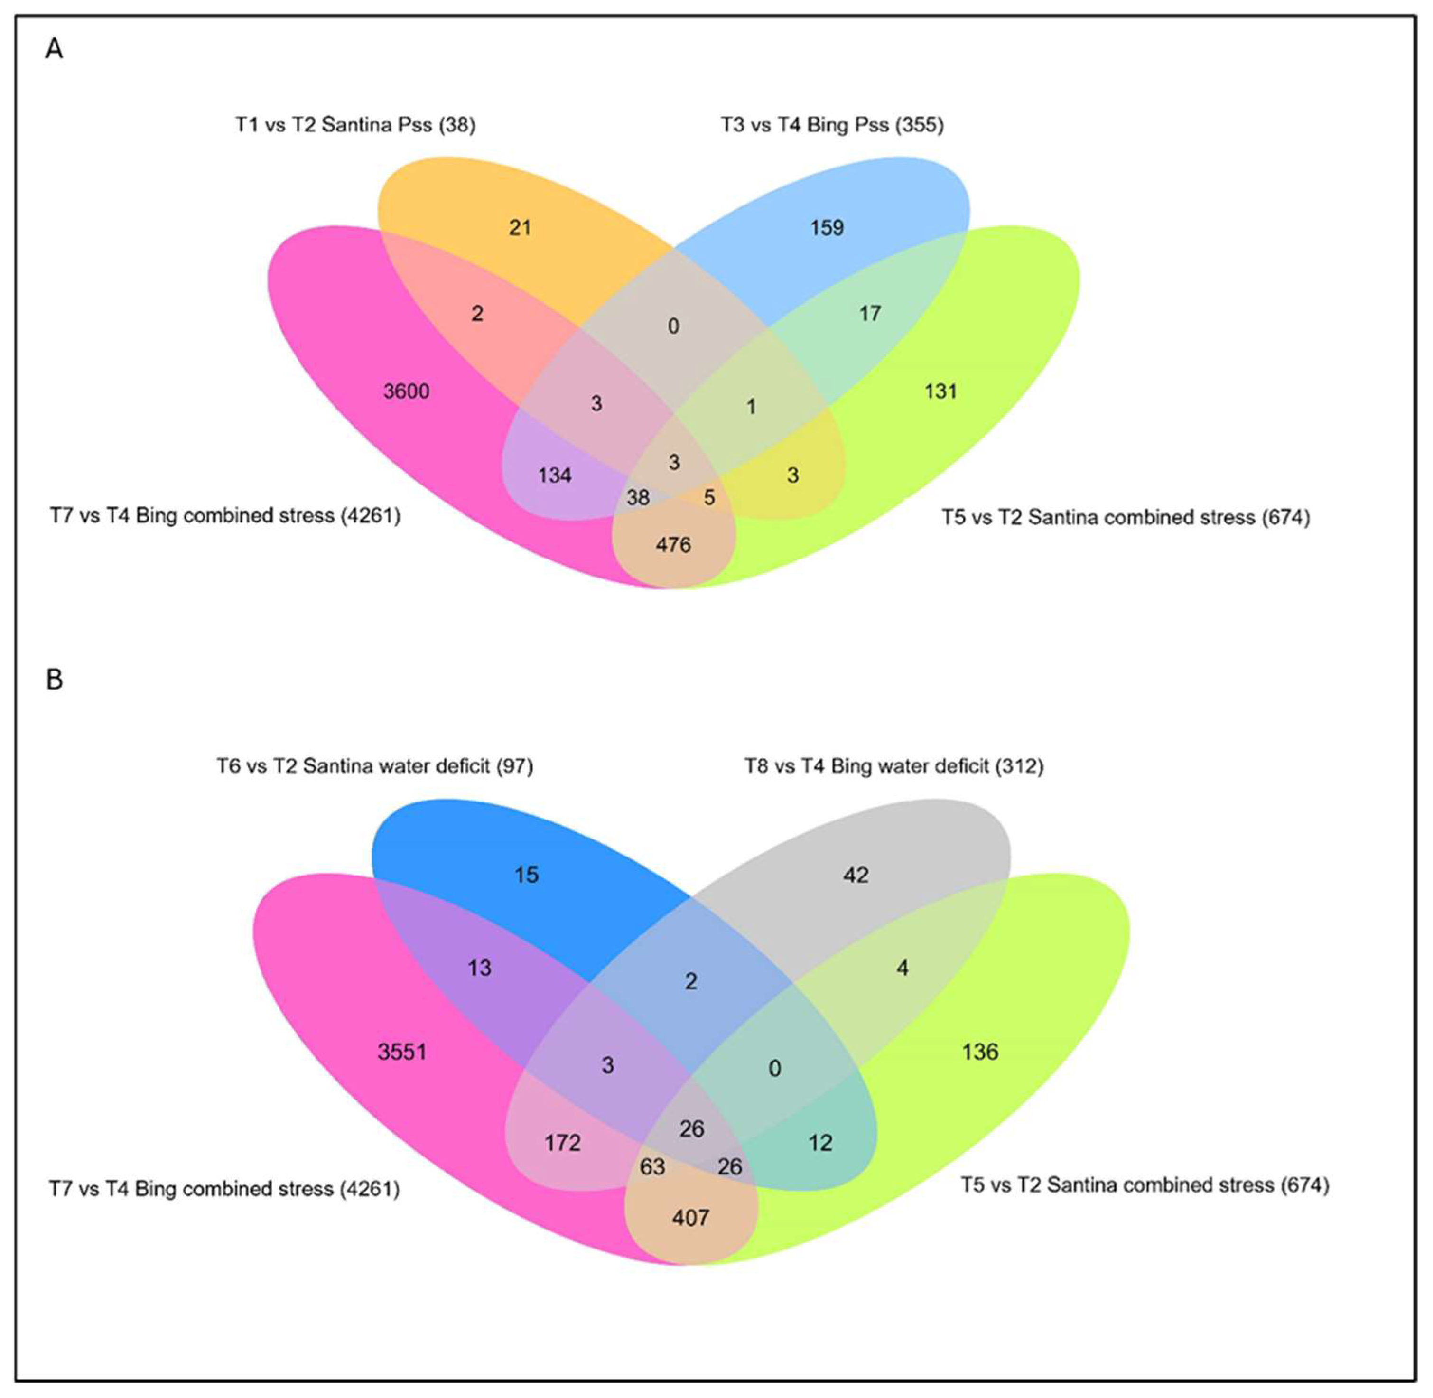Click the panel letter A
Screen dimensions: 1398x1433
(x=54, y=50)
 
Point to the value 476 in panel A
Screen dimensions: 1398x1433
(x=673, y=545)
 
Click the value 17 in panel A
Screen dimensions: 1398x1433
(x=870, y=314)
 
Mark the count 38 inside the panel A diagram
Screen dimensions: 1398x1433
(x=637, y=498)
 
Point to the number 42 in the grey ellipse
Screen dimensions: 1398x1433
(x=856, y=875)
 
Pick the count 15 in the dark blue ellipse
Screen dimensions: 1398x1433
(x=526, y=875)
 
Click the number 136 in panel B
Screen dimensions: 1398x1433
(x=980, y=1052)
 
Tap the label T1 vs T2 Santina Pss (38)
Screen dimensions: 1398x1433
(x=355, y=125)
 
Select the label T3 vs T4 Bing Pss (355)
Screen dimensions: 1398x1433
(x=832, y=125)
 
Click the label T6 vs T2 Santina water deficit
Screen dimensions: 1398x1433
(x=374, y=766)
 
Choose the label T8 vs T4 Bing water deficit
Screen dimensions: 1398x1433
(x=894, y=766)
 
